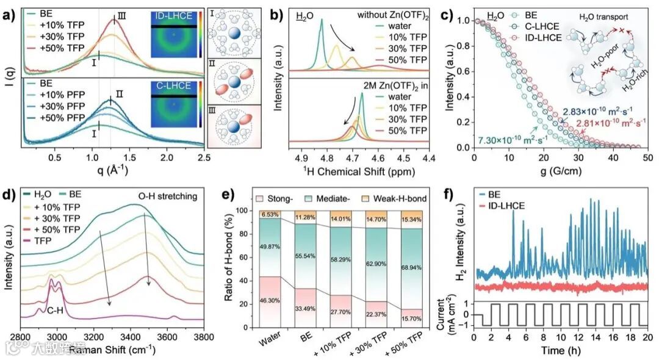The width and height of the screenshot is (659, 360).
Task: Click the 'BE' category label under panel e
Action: pyautogui.click(x=301, y=339)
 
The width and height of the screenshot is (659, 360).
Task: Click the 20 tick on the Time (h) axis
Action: pyautogui.click(x=647, y=338)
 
